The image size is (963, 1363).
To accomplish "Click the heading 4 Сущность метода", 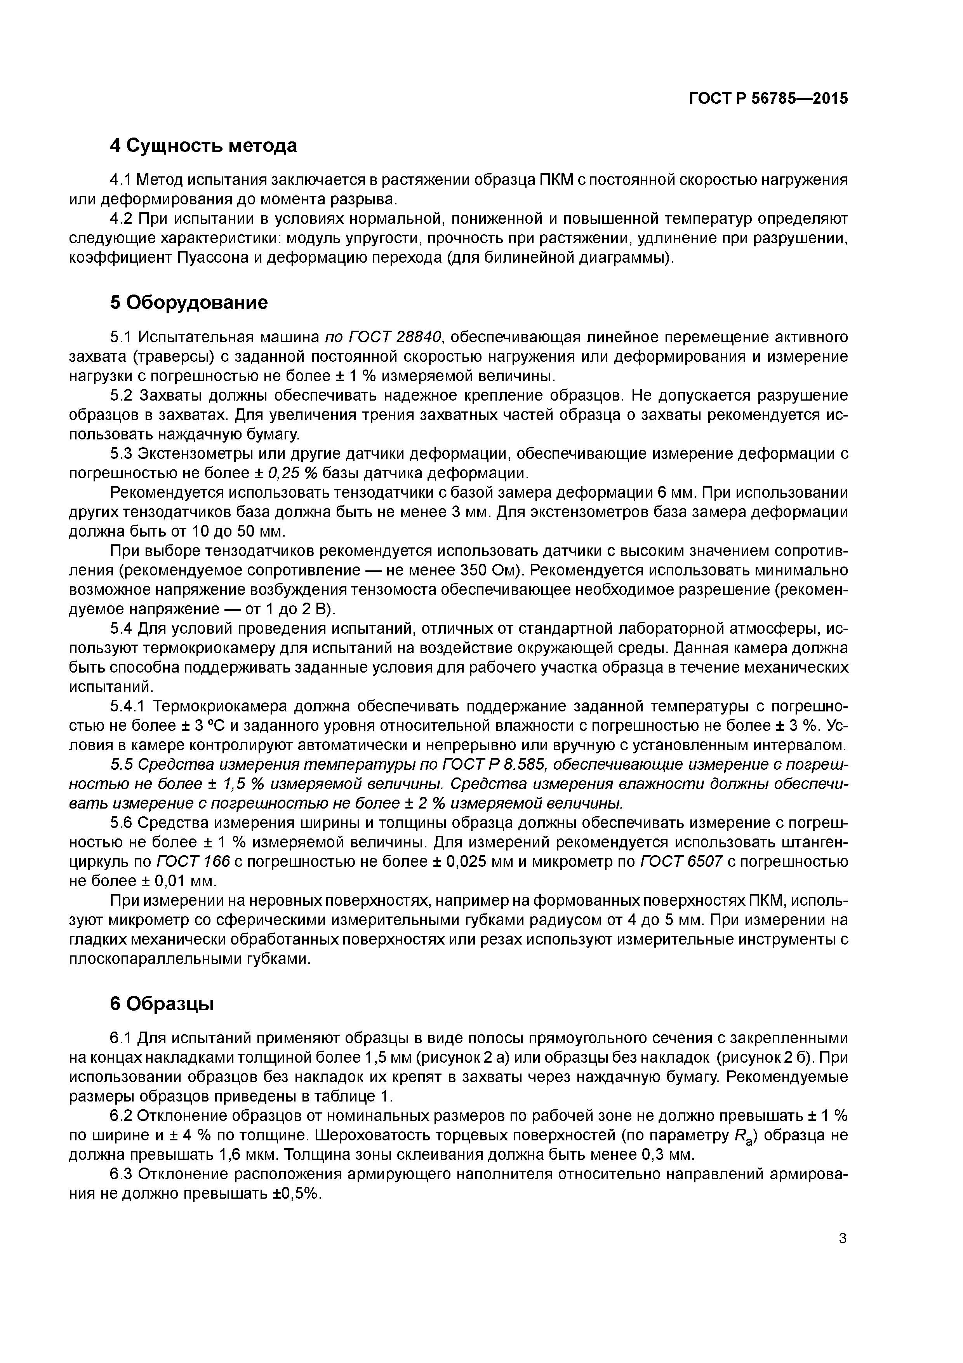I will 203,145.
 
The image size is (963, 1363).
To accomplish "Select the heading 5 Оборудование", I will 189,303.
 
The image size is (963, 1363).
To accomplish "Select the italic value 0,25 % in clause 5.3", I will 294,473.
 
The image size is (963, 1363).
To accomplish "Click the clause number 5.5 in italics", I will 123,764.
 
